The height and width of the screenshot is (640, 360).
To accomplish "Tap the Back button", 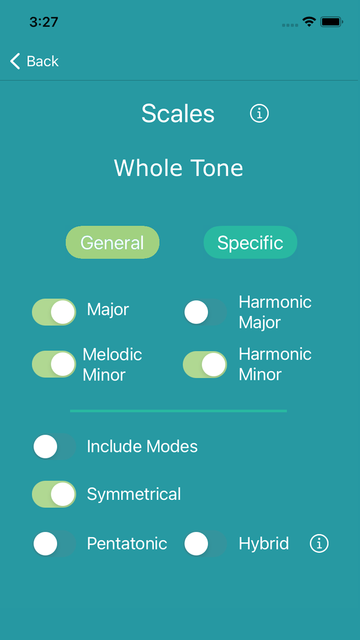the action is click(35, 61).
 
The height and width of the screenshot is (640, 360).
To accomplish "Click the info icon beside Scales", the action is click(259, 113).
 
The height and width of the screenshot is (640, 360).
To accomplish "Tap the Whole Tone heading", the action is click(179, 168).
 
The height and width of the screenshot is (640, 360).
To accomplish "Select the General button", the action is click(112, 242).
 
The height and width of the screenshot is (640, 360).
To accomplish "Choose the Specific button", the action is click(250, 242).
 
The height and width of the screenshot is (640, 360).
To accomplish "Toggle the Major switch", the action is click(54, 312).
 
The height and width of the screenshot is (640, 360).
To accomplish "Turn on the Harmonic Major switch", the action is click(205, 312).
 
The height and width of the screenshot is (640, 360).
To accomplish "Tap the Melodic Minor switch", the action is click(54, 364).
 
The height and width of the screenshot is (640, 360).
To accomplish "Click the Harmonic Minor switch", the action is click(205, 365).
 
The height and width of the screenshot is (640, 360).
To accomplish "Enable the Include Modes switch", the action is click(54, 447).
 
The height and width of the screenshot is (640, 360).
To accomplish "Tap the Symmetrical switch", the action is click(54, 494).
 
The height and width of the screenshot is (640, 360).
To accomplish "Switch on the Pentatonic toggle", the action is click(54, 544).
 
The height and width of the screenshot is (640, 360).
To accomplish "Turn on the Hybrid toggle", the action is click(205, 544).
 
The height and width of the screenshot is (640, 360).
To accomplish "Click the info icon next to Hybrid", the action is click(319, 543).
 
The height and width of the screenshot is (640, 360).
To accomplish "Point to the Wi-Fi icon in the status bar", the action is click(309, 22).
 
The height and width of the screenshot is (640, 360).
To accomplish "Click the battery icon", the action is click(332, 22).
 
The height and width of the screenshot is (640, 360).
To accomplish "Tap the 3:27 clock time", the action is click(44, 22).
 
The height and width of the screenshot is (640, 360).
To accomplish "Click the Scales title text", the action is click(178, 114).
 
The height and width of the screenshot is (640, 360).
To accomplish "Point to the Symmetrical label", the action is click(134, 494).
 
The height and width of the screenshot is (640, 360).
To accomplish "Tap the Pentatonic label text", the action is click(127, 544).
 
